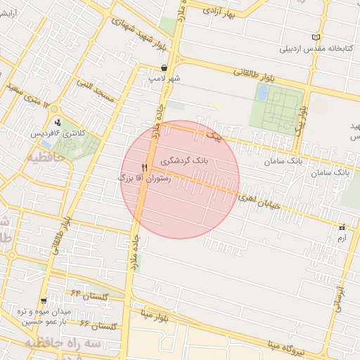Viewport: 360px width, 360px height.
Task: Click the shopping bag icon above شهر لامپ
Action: tap(164, 67)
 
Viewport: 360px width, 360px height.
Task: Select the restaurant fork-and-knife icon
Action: tap(144, 167)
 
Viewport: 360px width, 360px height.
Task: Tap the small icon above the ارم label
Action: tap(342, 227)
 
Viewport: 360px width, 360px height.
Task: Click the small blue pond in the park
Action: tap(262, 92)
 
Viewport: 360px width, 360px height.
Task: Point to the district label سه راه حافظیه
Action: tap(65, 342)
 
